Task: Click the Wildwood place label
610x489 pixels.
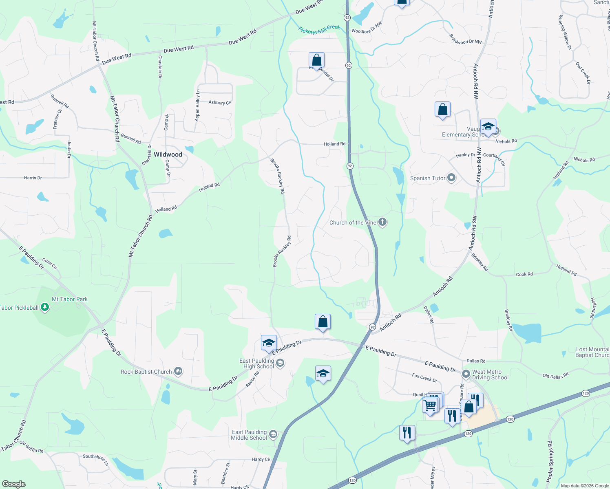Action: click(x=168, y=155)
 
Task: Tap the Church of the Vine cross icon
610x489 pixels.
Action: click(x=382, y=222)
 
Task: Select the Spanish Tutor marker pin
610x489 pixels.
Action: click(x=451, y=178)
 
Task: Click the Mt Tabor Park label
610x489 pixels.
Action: click(x=70, y=299)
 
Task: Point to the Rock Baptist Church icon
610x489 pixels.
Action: click(x=178, y=371)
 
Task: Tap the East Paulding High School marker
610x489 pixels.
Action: click(x=280, y=363)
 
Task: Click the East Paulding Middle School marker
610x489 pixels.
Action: click(x=273, y=434)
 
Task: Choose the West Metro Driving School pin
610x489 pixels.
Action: click(x=466, y=374)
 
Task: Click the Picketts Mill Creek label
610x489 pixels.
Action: click(x=319, y=29)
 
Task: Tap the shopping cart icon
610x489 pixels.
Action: click(x=430, y=405)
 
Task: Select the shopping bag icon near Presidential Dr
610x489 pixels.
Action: click(x=316, y=61)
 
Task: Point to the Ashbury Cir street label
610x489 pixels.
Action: click(x=220, y=103)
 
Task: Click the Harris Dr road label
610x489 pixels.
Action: click(x=33, y=178)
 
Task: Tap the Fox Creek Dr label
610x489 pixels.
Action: click(x=424, y=378)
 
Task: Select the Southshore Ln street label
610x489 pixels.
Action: click(x=96, y=460)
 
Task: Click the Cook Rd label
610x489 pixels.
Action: click(x=524, y=274)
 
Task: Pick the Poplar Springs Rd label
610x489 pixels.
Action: click(x=550, y=461)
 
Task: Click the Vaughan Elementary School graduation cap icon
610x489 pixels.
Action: click(x=488, y=126)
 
